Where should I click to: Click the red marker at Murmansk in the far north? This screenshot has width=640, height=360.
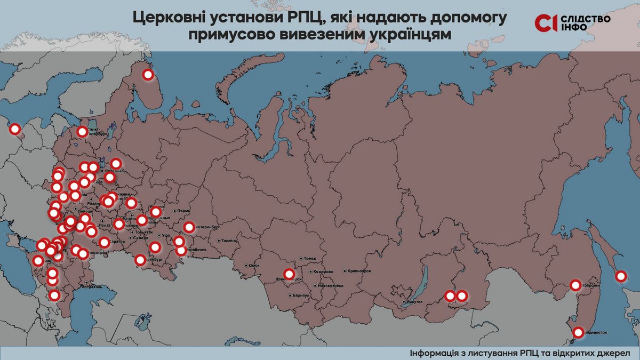[x=148, y=75]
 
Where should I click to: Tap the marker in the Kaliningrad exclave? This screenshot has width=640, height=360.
[x=15, y=129]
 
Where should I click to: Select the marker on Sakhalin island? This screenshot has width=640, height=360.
[x=621, y=276]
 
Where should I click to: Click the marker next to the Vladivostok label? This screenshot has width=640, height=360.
[x=579, y=333]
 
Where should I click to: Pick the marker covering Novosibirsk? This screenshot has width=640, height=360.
[x=289, y=274]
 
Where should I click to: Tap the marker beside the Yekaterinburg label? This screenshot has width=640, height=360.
[x=189, y=227]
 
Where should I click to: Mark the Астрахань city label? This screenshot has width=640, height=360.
[x=91, y=287]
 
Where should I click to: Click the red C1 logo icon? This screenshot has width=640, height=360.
[x=546, y=22]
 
